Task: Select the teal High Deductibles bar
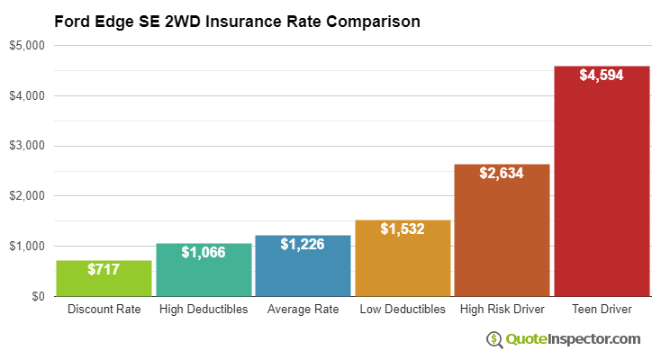[x=204, y=270]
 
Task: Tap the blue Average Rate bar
[x=303, y=266]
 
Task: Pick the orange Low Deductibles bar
[x=403, y=259]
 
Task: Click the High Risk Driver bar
[x=502, y=230]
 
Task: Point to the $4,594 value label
[x=602, y=76]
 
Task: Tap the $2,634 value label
[x=502, y=173]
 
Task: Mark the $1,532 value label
[x=403, y=229]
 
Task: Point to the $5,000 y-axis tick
[x=29, y=45]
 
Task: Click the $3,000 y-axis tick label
[x=29, y=146]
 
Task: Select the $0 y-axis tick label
[x=38, y=296]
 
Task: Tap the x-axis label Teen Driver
[x=602, y=310]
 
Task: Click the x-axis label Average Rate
[x=303, y=310]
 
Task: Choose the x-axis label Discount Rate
[x=104, y=310]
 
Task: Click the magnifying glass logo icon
[x=494, y=339]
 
